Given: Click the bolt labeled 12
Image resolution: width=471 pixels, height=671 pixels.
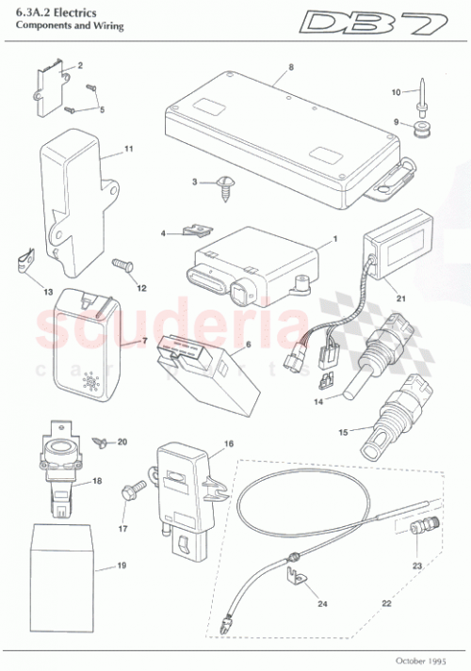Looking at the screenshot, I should point(123,270).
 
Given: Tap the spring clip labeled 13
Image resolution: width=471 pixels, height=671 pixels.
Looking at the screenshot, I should point(26,258).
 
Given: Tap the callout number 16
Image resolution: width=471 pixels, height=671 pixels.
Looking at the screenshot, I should point(228,442).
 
